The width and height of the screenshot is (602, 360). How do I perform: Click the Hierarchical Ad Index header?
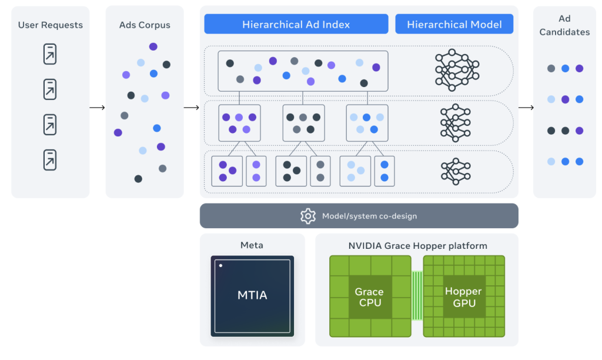click(296, 24)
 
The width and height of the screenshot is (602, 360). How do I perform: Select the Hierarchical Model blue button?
click(454, 24)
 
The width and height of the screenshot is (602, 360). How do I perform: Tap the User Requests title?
click(51, 25)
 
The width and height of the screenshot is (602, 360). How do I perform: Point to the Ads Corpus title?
click(145, 25)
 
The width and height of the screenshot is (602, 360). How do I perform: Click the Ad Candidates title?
click(564, 25)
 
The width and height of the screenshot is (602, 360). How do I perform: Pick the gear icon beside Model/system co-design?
click(308, 216)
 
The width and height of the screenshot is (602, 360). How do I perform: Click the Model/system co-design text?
click(369, 216)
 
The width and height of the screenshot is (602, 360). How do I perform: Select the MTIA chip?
click(252, 296)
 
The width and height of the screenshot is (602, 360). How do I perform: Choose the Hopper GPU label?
click(463, 297)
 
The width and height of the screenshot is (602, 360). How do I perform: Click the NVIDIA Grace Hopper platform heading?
click(418, 245)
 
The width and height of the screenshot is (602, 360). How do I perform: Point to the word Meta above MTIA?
click(252, 245)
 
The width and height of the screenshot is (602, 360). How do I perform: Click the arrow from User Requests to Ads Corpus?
click(97, 108)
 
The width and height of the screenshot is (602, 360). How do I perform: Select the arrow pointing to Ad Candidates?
click(526, 108)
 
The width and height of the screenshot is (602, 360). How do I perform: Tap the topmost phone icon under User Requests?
click(50, 54)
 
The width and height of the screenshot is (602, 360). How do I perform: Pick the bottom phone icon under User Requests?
click(50, 160)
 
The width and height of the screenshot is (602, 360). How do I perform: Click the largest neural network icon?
click(457, 70)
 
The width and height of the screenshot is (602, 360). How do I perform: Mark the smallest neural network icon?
click(456, 171)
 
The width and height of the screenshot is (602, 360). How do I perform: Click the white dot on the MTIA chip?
click(221, 265)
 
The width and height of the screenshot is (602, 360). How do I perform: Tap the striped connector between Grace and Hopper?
click(417, 295)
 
